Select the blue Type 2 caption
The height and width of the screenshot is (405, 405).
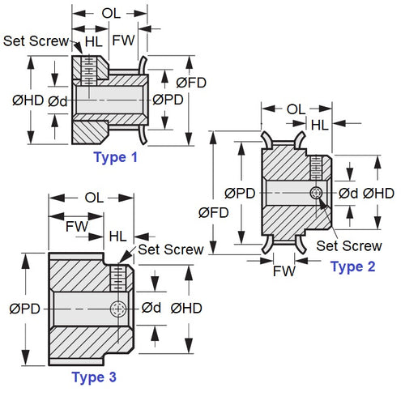[352, 266]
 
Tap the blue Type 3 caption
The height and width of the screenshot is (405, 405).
[94, 377]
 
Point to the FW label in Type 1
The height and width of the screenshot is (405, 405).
[123, 40]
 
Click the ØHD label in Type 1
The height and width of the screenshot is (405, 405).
[28, 100]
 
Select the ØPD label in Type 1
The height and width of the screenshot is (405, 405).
[168, 100]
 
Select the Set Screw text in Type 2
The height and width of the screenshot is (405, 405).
[350, 245]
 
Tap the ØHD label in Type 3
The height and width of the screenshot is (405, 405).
[187, 309]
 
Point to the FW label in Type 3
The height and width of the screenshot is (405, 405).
[77, 225]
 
